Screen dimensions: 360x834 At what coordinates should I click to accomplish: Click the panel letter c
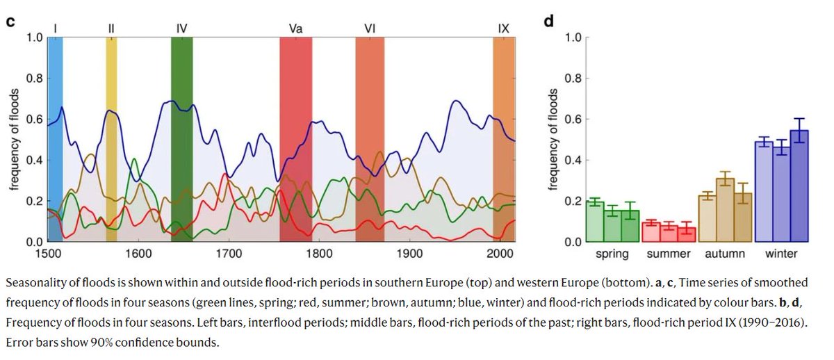10,20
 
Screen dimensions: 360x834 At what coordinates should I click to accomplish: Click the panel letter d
549,20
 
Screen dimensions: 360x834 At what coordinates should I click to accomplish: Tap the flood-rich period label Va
295,28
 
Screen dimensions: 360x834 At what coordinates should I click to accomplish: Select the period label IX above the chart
504,28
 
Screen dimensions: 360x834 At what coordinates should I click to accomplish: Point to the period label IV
181,28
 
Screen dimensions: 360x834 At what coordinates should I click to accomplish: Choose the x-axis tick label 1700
229,254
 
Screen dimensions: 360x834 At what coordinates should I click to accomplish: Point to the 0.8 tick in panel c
33,78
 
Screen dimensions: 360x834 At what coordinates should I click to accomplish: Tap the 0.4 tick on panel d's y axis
571,160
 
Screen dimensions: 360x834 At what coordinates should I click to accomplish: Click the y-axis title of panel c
13,139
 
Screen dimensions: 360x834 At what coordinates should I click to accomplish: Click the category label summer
669,254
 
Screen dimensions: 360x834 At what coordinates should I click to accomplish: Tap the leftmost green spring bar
594,222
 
